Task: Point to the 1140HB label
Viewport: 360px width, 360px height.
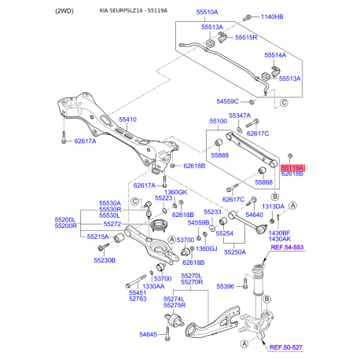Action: [271, 17]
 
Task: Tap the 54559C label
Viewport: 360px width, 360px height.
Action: [228, 101]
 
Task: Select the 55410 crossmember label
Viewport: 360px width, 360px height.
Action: [127, 119]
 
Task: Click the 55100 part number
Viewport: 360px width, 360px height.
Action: [217, 122]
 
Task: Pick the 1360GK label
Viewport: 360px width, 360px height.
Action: [175, 192]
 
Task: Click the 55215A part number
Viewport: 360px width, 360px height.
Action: [98, 237]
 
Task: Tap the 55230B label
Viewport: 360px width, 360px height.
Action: [105, 259]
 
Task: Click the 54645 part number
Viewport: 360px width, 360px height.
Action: [149, 336]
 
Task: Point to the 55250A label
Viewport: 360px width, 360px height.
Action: [234, 252]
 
